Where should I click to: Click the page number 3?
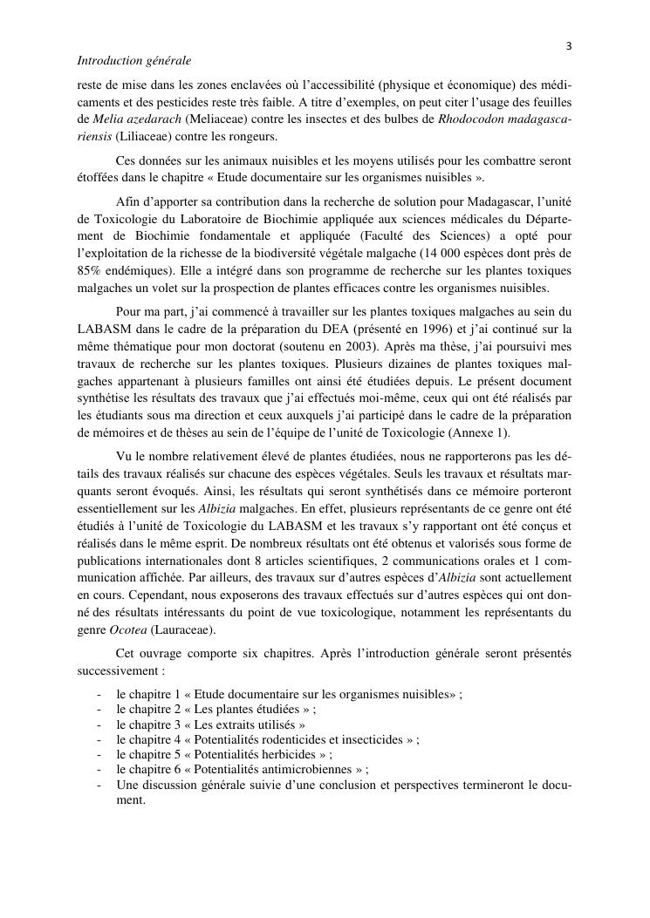568,45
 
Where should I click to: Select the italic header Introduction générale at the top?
134,62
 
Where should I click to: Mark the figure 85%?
90,270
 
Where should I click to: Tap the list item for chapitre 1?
288,694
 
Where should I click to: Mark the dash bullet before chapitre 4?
101,739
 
